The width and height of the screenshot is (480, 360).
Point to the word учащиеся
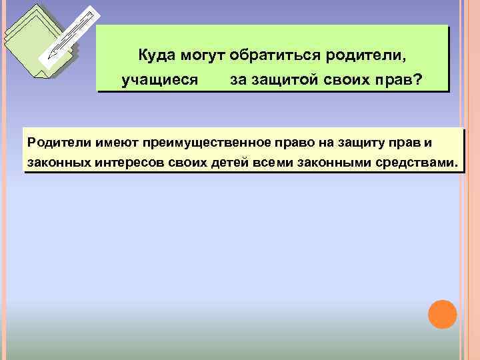click(160, 80)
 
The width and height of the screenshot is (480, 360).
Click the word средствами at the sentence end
click(413, 162)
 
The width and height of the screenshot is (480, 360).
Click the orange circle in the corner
click(442, 314)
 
